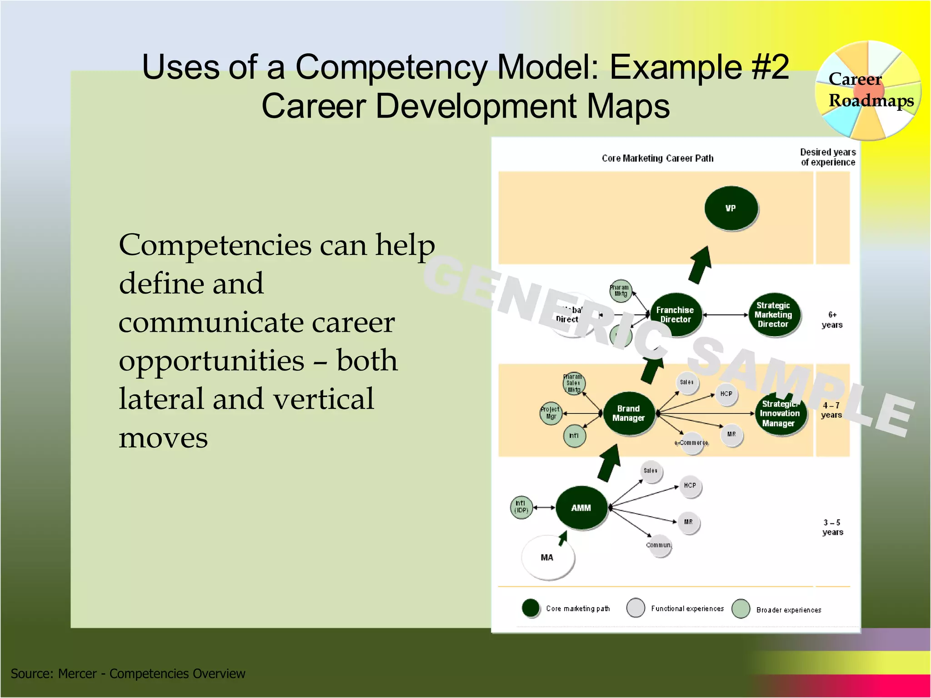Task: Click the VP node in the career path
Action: (x=731, y=208)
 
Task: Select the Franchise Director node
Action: (x=676, y=314)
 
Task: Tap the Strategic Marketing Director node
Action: (x=773, y=314)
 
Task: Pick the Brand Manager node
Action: (x=629, y=413)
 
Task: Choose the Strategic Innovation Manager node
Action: (x=780, y=414)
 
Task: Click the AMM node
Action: (x=581, y=508)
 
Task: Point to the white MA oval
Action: (x=547, y=557)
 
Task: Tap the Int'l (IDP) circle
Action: (x=521, y=507)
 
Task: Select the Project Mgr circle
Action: (x=551, y=413)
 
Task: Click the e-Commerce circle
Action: (x=692, y=443)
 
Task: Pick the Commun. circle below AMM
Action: (x=660, y=545)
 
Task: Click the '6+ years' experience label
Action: (x=832, y=320)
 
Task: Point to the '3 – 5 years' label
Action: (x=832, y=527)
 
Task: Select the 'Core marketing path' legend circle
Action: (x=531, y=608)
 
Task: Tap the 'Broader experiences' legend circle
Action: (x=741, y=609)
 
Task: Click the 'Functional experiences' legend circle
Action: (x=636, y=608)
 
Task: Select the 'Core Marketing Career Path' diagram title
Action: (x=657, y=158)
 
